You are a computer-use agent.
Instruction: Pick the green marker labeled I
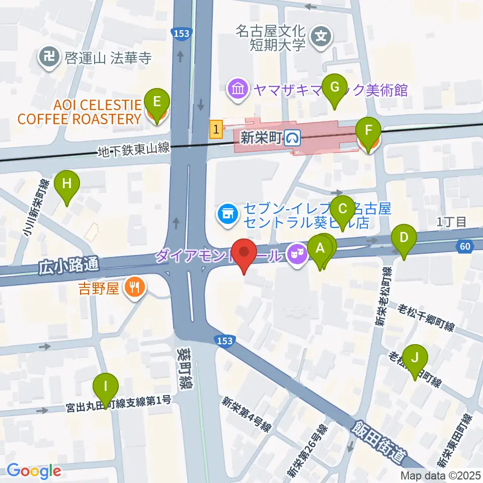(x=106, y=388)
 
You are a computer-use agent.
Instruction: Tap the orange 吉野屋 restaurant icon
(x=134, y=288)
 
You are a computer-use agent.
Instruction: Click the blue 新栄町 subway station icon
(x=291, y=137)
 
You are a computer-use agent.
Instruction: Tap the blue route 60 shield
(x=465, y=246)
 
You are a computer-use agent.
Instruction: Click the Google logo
(x=34, y=471)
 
